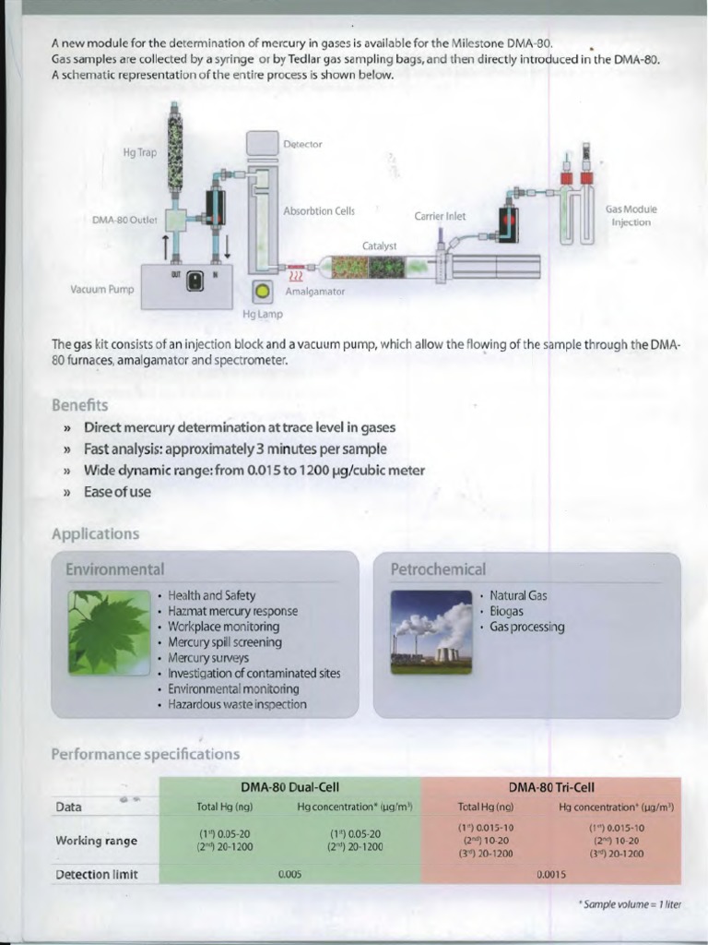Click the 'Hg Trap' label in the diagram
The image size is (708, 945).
point(140,152)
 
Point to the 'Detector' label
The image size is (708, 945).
point(302,145)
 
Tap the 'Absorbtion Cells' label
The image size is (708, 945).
point(318,211)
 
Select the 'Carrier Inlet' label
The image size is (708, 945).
point(440,217)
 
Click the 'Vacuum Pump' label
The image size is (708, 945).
point(102,290)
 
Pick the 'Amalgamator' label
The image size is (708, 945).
point(314,291)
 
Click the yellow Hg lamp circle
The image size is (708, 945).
point(262,291)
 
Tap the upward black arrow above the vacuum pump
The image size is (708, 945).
point(165,245)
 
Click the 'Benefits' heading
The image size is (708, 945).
point(80,405)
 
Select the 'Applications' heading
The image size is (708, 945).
point(96,533)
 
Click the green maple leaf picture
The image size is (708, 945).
point(109,632)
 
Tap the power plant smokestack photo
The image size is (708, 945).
point(431,632)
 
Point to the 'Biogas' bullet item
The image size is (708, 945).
point(506,611)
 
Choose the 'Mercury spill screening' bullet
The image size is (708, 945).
point(224,642)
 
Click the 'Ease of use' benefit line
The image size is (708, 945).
point(117,492)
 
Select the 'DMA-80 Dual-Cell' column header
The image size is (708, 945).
point(289,787)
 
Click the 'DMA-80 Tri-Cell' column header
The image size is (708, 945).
point(551,787)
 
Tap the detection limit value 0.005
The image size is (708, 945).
point(289,874)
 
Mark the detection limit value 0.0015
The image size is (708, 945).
point(550,874)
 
